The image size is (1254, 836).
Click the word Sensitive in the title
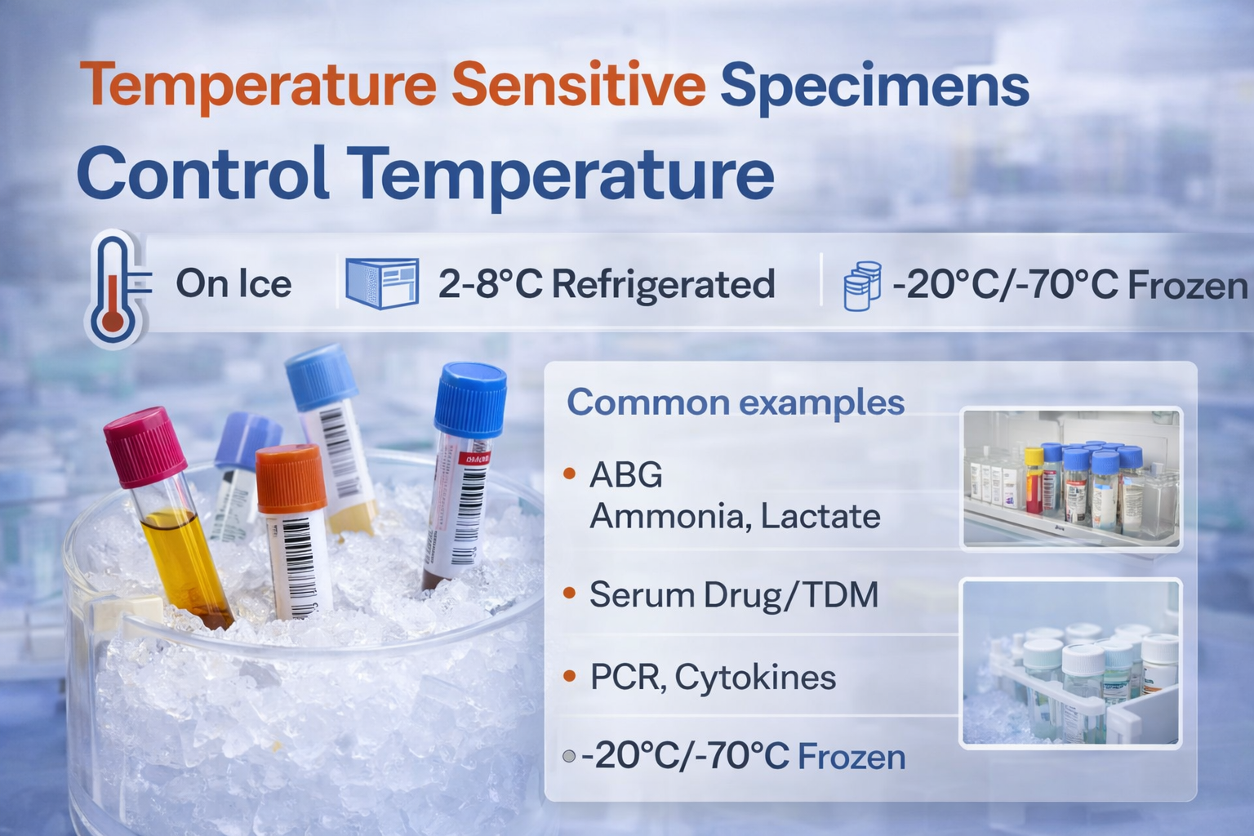click(x=578, y=85)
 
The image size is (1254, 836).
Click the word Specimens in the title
click(x=874, y=85)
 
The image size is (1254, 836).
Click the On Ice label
click(x=233, y=284)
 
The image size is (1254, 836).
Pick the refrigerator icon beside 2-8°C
click(x=381, y=283)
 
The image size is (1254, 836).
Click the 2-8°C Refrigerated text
click(x=606, y=284)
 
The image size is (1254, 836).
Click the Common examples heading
click(x=735, y=402)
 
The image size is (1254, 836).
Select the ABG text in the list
click(x=625, y=474)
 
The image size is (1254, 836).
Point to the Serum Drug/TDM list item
click(x=733, y=594)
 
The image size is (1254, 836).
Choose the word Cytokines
click(x=755, y=677)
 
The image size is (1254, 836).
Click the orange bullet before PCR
click(x=570, y=676)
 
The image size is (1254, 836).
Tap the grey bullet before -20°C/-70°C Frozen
click(x=569, y=757)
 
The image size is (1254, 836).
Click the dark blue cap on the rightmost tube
click(x=470, y=400)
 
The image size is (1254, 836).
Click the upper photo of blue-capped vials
click(x=1070, y=478)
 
